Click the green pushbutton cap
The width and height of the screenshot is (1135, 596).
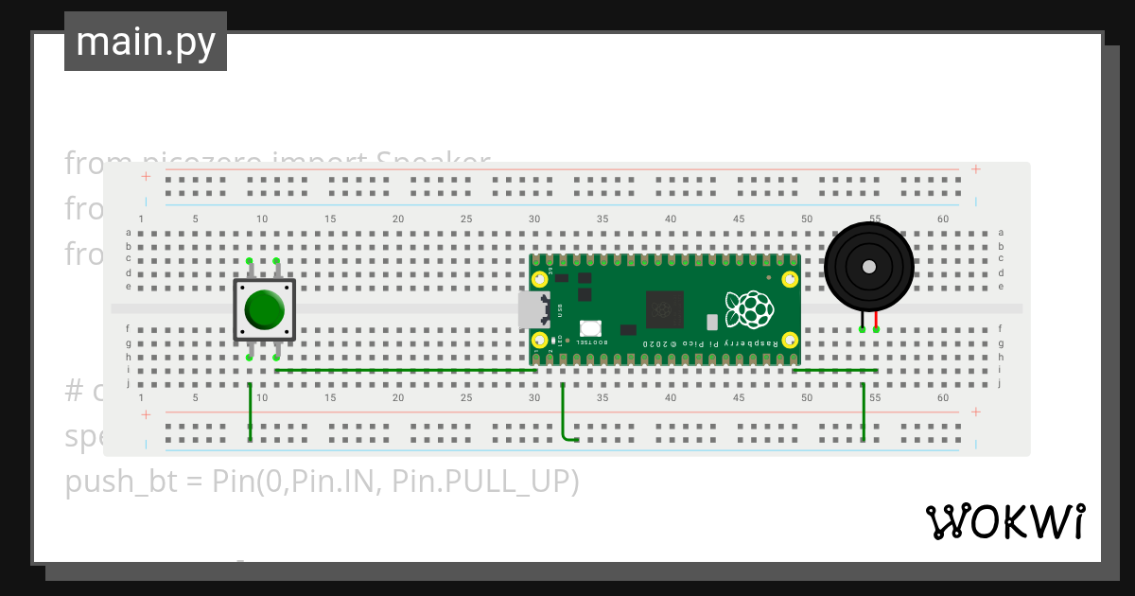[265, 309]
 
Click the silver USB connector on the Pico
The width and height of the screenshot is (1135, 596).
[532, 309]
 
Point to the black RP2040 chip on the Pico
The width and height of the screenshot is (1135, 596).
[665, 309]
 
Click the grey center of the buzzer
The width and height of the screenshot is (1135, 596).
[868, 267]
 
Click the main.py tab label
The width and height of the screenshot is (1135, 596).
[146, 42]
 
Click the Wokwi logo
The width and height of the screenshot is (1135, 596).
[1004, 521]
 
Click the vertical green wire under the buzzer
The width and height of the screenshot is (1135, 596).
[864, 412]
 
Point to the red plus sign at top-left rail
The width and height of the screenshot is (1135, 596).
[146, 176]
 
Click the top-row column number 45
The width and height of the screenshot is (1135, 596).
[739, 219]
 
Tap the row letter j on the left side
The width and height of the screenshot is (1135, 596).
[129, 384]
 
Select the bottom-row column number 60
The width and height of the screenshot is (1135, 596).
[943, 398]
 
